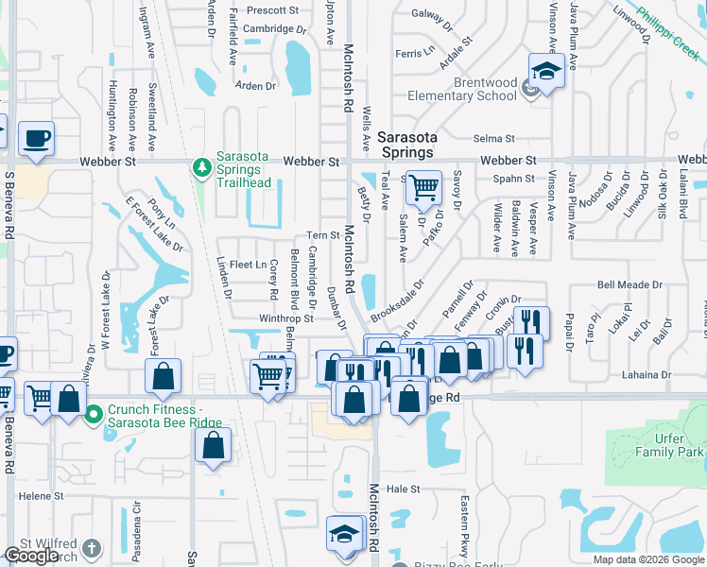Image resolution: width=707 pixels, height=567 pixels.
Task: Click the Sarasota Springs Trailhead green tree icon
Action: pyautogui.click(x=201, y=168)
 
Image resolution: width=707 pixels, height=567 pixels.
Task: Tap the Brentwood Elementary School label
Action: pyautogui.click(x=462, y=89)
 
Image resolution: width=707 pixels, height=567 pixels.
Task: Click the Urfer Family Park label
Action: pyautogui.click(x=671, y=446)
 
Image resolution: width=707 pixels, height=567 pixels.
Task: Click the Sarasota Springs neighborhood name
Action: pyautogui.click(x=405, y=144)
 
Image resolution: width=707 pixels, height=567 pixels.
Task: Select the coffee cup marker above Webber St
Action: pyautogui.click(x=36, y=139)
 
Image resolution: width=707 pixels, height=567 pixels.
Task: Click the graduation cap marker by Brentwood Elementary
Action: pyautogui.click(x=545, y=73)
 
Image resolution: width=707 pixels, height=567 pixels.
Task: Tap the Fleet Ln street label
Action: pyautogui.click(x=248, y=265)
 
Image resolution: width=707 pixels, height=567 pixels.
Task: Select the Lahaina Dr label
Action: pyautogui.click(x=646, y=375)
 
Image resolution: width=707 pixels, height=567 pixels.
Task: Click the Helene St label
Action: pyautogui.click(x=41, y=495)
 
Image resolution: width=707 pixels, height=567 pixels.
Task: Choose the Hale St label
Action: pyautogui.click(x=403, y=489)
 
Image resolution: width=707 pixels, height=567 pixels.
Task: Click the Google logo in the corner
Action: pyautogui.click(x=31, y=556)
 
